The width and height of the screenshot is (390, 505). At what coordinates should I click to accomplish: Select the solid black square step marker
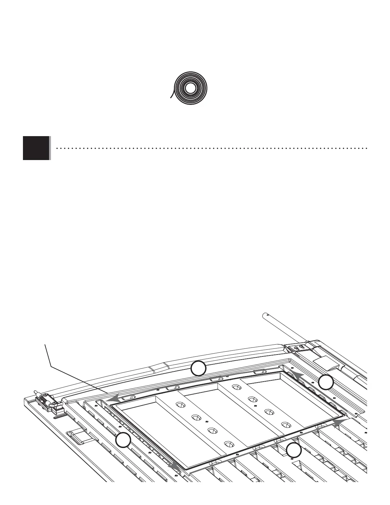point(36,148)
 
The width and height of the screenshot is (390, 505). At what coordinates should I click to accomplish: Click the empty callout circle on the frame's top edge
point(198,369)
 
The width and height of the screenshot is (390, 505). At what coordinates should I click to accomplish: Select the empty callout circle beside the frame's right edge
point(326,382)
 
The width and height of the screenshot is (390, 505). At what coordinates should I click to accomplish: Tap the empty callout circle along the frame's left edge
point(123,440)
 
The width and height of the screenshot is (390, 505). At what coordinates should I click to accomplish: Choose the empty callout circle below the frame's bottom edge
point(294,451)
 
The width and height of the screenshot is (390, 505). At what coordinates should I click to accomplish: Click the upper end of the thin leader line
point(45,344)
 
